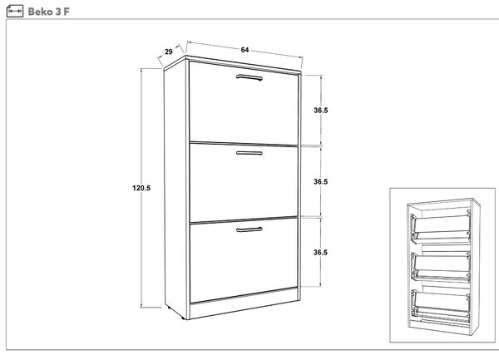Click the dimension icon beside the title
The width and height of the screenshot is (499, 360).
tap(15, 12)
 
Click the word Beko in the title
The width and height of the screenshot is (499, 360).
tap(40, 12)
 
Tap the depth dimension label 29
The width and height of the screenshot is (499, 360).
tap(169, 52)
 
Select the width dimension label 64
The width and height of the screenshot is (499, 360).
tap(245, 50)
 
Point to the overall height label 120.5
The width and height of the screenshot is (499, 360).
tap(141, 188)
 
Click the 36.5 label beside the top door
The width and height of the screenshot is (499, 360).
tap(321, 111)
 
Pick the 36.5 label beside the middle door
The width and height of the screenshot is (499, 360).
tap(320, 181)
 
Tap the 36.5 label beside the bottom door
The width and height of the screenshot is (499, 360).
tap(320, 253)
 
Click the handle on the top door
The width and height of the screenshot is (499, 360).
tap(249, 77)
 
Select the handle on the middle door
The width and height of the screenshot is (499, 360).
tap(249, 153)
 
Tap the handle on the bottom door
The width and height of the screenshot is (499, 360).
tap(249, 229)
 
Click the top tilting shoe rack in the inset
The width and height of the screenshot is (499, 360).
tap(441, 228)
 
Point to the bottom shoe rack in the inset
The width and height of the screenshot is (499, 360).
tap(441, 304)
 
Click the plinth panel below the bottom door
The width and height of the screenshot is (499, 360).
tap(244, 303)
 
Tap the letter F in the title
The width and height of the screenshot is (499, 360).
tap(67, 12)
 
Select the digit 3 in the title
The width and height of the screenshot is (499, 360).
tap(58, 12)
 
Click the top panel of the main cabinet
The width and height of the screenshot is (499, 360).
tap(232, 64)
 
